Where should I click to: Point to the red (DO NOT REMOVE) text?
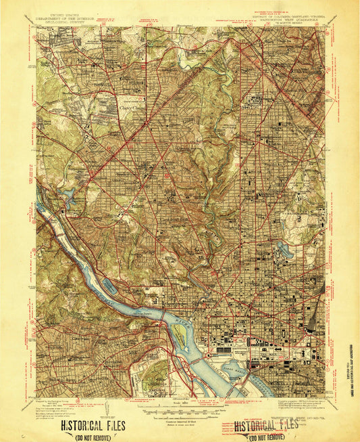(266, 435)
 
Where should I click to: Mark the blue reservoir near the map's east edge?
(286, 248)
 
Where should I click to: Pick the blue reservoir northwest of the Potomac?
(70, 197)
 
